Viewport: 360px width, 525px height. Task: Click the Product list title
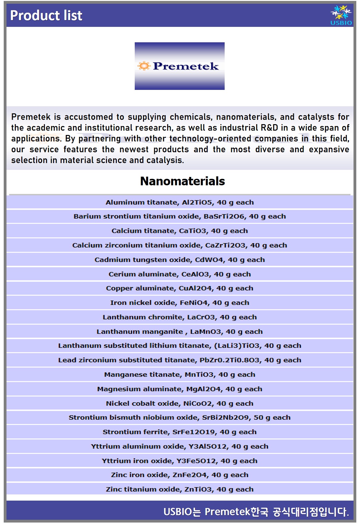point(46,15)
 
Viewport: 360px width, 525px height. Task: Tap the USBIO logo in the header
point(341,15)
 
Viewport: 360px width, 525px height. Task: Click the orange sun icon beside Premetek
point(144,66)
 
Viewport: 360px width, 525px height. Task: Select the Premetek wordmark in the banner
point(186,66)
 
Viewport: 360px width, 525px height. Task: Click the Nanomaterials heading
point(182,181)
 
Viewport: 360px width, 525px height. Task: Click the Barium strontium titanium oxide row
point(180,216)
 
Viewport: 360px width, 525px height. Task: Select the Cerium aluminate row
point(180,274)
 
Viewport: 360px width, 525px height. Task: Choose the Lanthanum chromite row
point(180,317)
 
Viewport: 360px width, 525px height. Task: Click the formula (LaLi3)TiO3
point(237,346)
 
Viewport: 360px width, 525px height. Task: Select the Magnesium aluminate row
point(180,389)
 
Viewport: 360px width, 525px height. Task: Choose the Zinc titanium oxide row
point(180,489)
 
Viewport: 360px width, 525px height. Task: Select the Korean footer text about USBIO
point(256,512)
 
